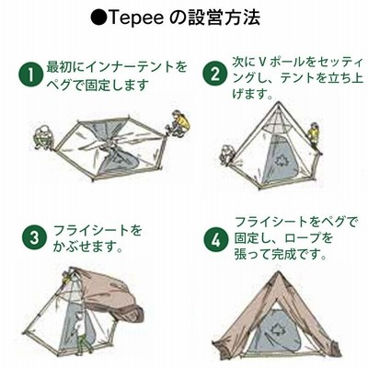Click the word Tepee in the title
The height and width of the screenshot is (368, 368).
136,18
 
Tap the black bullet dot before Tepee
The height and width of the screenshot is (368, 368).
98,18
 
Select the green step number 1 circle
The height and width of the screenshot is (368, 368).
30,75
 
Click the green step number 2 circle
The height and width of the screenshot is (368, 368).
215,74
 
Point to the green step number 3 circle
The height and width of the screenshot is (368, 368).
34,237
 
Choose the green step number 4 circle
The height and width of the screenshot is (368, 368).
216,240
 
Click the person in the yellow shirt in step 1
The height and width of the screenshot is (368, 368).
178,123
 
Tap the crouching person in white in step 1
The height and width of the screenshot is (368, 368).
44,137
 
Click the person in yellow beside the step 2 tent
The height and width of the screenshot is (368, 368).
314,136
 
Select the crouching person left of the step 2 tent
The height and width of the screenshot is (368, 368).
227,155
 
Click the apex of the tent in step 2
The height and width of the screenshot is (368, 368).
279,103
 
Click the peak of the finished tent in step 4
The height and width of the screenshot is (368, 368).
278,272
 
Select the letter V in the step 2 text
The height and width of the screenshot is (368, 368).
261,63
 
